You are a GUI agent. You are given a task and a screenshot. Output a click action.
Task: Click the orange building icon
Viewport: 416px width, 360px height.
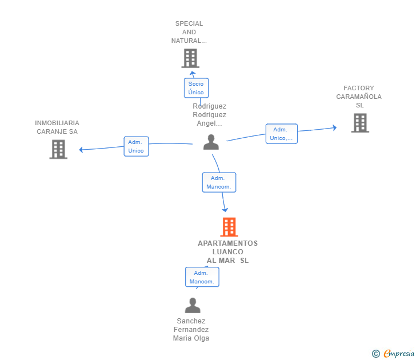pyautogui.click(x=229, y=227)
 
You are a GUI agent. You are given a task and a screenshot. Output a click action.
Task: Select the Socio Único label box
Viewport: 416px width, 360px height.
pyautogui.click(x=197, y=88)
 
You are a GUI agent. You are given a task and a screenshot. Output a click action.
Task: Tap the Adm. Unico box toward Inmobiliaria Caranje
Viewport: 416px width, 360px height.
pyautogui.click(x=137, y=146)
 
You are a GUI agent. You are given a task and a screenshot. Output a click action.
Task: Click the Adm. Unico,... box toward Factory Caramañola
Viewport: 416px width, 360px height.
pyautogui.click(x=282, y=134)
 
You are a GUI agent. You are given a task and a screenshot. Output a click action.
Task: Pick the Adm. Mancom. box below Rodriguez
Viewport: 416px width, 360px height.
pyautogui.click(x=219, y=182)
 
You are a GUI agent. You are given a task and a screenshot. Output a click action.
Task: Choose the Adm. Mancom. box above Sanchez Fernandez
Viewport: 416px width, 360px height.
pyautogui.click(x=202, y=277)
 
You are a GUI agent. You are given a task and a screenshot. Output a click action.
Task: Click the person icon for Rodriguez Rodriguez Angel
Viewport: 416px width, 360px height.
pyautogui.click(x=211, y=142)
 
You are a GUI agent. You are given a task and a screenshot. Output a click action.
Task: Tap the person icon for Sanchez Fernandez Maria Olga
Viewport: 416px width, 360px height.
pyautogui.click(x=193, y=305)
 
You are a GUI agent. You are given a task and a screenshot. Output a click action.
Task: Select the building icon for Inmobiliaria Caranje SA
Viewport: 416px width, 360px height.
pyautogui.click(x=58, y=149)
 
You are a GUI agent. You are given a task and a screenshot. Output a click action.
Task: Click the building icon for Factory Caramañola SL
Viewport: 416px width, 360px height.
pyautogui.click(x=360, y=123)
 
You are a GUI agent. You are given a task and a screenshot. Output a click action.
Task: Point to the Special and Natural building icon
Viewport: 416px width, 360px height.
pyautogui.click(x=190, y=58)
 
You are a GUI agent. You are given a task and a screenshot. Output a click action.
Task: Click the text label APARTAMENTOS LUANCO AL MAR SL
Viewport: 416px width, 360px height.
pyautogui.click(x=227, y=252)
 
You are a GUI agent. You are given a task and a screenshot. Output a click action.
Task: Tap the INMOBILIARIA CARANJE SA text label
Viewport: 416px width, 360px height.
pyautogui.click(x=57, y=127)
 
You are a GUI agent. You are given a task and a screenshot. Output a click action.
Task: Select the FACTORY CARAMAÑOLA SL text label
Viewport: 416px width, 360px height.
pyautogui.click(x=359, y=97)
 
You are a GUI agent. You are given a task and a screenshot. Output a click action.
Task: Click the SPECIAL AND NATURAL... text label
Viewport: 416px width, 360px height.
pyautogui.click(x=189, y=32)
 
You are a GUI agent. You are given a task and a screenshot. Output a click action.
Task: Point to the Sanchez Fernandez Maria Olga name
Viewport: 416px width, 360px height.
pyautogui.click(x=191, y=330)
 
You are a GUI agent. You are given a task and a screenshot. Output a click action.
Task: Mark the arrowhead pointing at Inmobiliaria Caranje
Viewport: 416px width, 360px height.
pyautogui.click(x=81, y=150)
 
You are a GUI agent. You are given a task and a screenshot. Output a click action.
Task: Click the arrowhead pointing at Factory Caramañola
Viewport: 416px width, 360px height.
pyautogui.click(x=335, y=128)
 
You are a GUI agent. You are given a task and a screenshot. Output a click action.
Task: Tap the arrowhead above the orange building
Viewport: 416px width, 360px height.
pyautogui.click(x=225, y=210)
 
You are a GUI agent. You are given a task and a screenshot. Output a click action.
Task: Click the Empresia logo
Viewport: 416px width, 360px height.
pyautogui.click(x=393, y=354)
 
